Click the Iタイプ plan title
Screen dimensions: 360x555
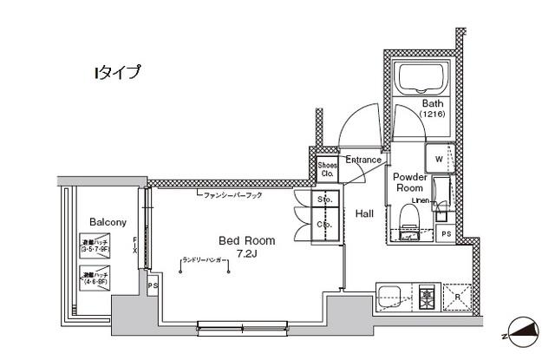point(117,73)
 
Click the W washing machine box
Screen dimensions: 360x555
point(438,160)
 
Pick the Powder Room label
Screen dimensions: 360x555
point(408,181)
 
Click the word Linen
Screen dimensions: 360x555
point(421,200)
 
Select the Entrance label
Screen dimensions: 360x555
point(363,160)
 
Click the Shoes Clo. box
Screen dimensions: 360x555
point(327,169)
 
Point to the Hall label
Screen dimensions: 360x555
point(365,213)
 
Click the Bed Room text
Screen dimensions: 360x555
point(246,240)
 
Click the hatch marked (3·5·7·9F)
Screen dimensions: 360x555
point(95,245)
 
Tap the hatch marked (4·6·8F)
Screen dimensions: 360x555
point(95,278)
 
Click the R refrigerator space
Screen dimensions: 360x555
point(456,297)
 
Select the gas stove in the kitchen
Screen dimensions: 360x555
point(427,297)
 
